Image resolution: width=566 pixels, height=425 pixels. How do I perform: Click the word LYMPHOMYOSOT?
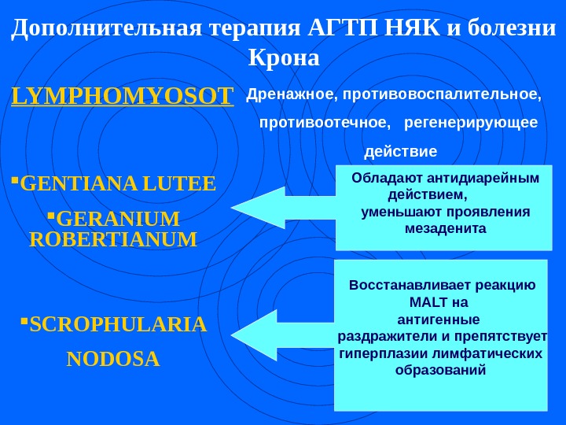pyautogui.click(x=123, y=97)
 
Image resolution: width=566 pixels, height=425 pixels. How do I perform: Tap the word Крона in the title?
pyautogui.click(x=283, y=58)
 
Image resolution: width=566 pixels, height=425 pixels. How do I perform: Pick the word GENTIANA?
pyautogui.click(x=70, y=184)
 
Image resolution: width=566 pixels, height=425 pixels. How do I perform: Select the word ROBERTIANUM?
pyautogui.click(x=112, y=238)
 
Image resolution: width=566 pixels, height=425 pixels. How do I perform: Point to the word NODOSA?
pyautogui.click(x=113, y=360)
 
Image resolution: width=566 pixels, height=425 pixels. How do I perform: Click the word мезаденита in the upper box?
pyautogui.click(x=445, y=228)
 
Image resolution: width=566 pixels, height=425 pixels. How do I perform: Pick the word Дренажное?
pyautogui.click(x=288, y=96)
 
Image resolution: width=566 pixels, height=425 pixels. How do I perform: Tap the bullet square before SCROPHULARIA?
pyautogui.click(x=24, y=320)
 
